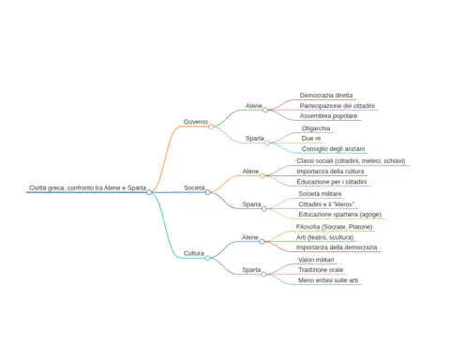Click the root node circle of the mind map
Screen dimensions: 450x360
[149, 192]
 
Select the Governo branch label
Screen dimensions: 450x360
[196, 122]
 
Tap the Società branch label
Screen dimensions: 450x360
[194, 187]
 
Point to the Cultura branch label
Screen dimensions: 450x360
[194, 253]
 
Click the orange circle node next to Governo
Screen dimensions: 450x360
[211, 127]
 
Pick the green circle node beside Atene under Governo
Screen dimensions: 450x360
[265, 110]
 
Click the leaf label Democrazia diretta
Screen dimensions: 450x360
[326, 96]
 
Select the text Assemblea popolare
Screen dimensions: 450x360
[328, 116]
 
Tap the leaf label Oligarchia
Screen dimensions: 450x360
[316, 128]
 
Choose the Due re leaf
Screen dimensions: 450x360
[311, 139]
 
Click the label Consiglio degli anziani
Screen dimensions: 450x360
[333, 149]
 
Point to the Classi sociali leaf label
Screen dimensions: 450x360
[351, 161]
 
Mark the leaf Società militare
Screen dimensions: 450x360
[320, 194]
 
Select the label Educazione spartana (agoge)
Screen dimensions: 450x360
[339, 215]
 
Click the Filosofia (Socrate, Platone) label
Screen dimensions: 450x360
[334, 227]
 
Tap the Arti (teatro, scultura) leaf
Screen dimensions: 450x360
[324, 237]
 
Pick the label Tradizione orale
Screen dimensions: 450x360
[321, 270]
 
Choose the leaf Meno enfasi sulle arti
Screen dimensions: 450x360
[328, 280]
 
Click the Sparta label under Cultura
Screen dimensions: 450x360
[251, 270]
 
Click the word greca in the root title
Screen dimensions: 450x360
[57, 187]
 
